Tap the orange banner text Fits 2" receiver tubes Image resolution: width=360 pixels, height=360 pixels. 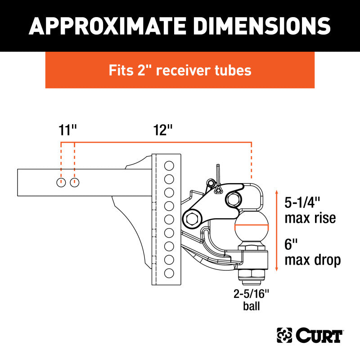tap(180, 70)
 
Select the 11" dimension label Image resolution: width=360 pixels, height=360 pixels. tap(67, 130)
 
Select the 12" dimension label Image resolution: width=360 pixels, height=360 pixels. tap(162, 130)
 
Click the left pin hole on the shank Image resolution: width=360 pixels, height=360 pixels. tap(61, 183)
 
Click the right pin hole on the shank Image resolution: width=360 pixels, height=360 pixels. tap(75, 183)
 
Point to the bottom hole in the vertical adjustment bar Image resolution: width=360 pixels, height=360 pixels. tap(169, 273)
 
